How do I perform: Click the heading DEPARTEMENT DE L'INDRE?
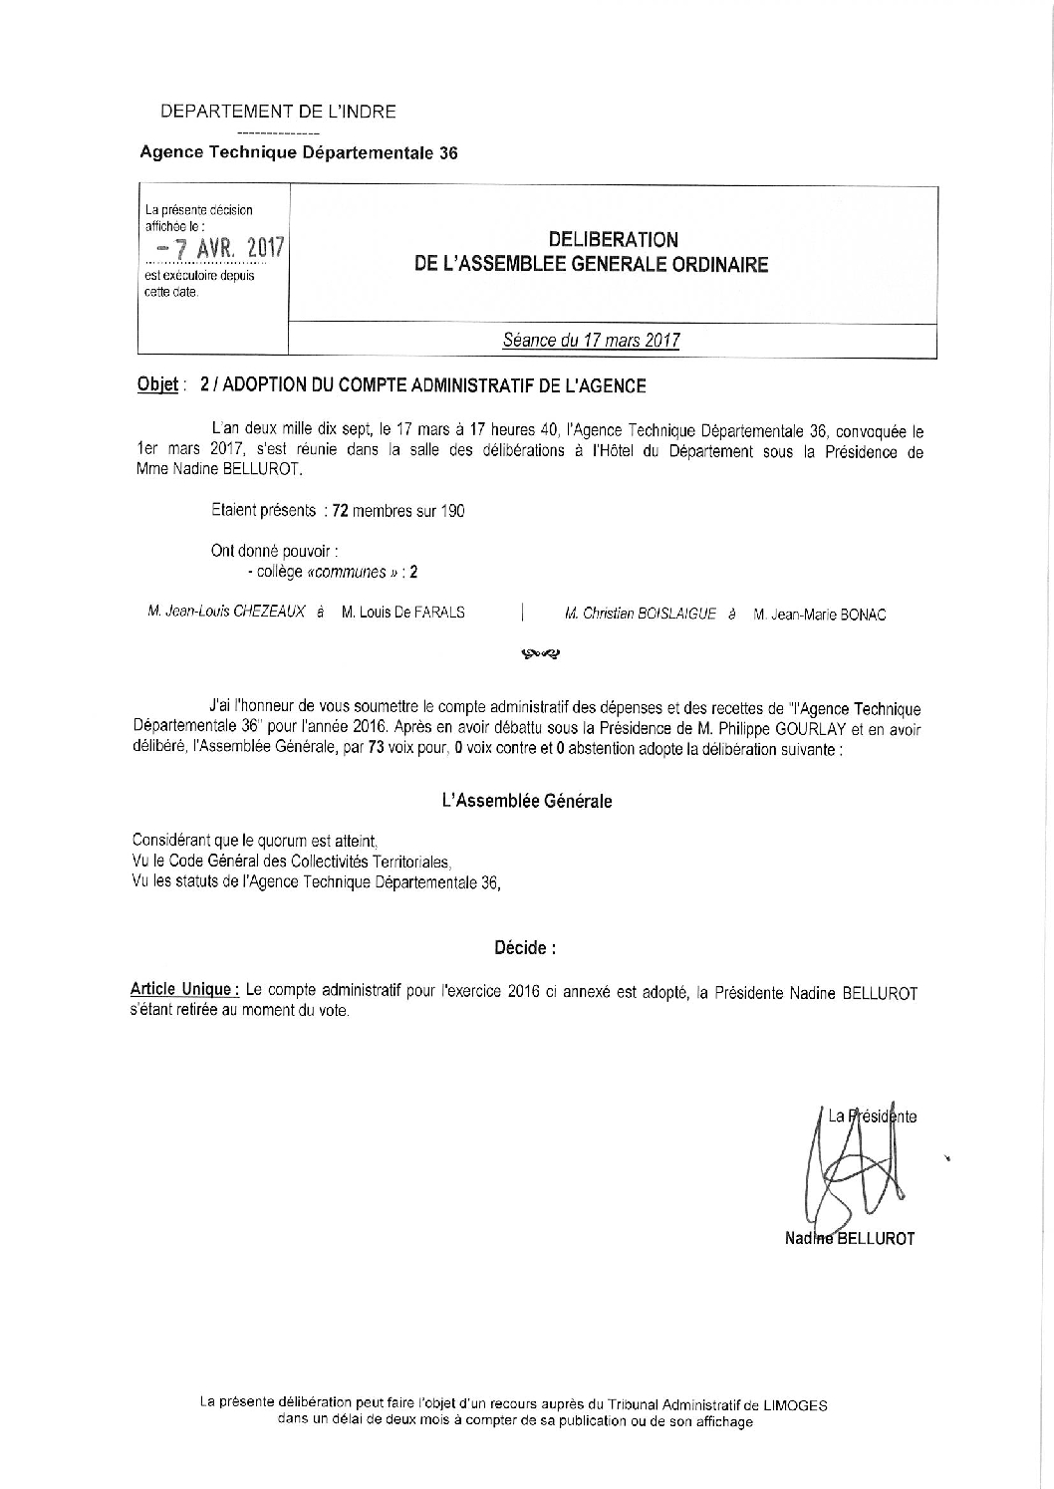click(x=278, y=112)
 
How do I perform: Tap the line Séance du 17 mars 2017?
click(x=591, y=341)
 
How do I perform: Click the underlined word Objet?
click(x=156, y=385)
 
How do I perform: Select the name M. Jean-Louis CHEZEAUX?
click(x=226, y=613)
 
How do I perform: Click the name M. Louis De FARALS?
click(x=402, y=613)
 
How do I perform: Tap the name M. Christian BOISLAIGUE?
click(x=640, y=615)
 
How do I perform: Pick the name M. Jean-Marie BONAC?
click(x=820, y=615)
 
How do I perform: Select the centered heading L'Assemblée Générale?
click(x=526, y=801)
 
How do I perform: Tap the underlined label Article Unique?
click(x=183, y=993)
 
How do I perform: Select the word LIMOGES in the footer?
click(x=794, y=1404)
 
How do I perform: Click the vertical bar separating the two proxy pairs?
click(x=523, y=612)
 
